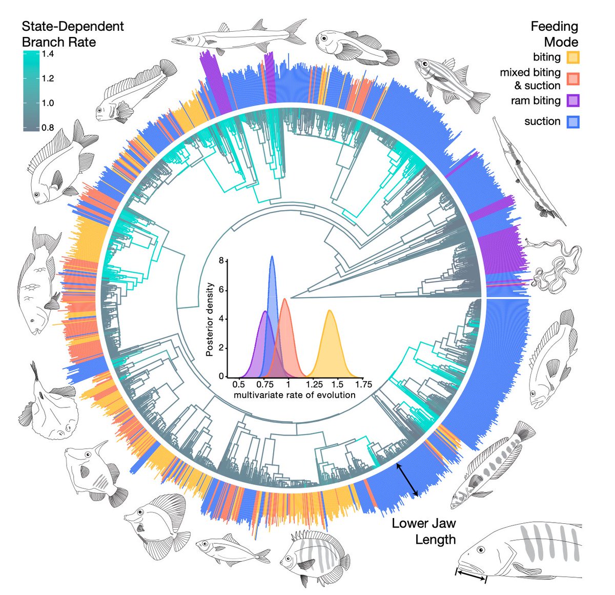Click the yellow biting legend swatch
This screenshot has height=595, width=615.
(x=573, y=57)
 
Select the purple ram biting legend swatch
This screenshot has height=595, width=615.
(x=573, y=100)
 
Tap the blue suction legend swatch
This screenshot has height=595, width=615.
(x=573, y=121)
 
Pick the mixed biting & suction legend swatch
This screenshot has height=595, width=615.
(x=573, y=78)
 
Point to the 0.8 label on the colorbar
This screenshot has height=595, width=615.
(x=48, y=128)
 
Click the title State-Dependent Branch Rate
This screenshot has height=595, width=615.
(x=72, y=34)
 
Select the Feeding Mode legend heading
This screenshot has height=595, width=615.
(x=554, y=34)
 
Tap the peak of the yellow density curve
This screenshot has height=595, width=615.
(x=330, y=311)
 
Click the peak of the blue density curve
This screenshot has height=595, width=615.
(x=272, y=257)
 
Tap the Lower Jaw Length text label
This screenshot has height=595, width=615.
(x=423, y=531)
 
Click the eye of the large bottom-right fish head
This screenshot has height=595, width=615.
(x=480, y=549)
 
